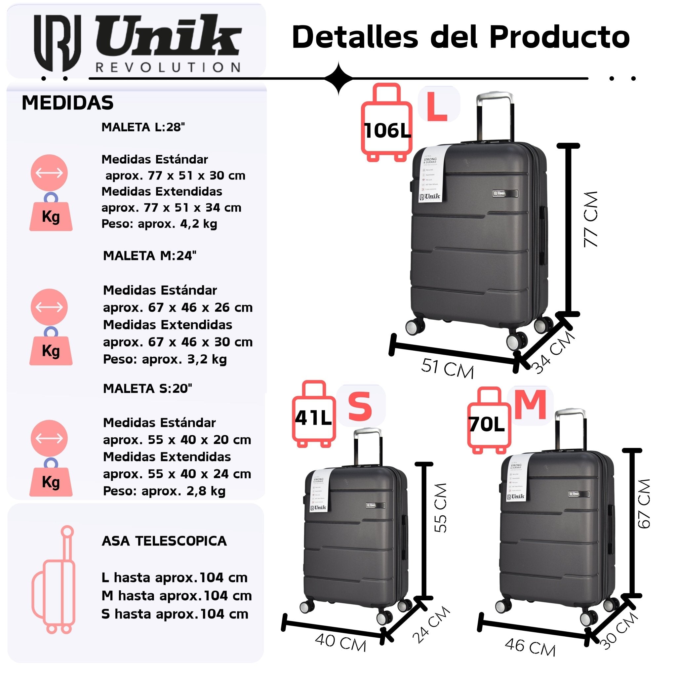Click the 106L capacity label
coord(387,131)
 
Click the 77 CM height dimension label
coord(591,219)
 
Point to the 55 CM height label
coord(440,508)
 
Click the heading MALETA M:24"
coord(150,256)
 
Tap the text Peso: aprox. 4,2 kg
coord(159,223)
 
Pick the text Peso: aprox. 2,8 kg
coord(164,491)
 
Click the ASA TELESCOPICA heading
coord(164,541)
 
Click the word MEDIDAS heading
coord(68,103)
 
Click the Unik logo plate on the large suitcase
coord(505,193)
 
